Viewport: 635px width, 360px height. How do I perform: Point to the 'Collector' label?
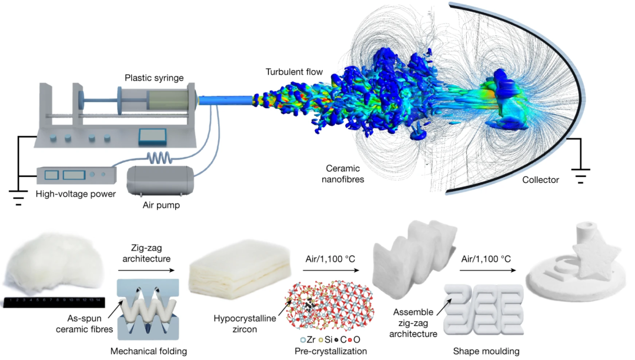pyautogui.click(x=540, y=180)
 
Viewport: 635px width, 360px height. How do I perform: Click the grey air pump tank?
pyautogui.click(x=159, y=182)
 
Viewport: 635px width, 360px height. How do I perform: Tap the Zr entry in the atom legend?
pyautogui.click(x=306, y=339)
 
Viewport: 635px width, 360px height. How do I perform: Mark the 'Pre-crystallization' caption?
pyautogui.click(x=331, y=351)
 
